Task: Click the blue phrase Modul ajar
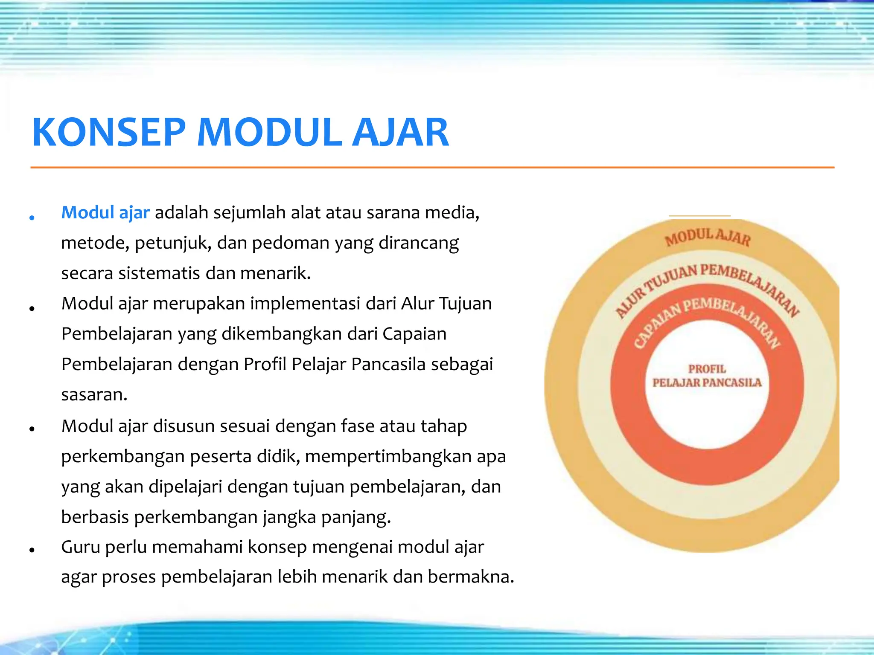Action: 105,212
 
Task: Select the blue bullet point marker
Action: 32,218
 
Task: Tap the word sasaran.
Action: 94,395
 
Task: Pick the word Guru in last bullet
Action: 81,547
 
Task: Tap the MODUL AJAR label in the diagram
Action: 707,237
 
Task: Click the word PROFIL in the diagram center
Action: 707,369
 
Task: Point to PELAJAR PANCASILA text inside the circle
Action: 707,383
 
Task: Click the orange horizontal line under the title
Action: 432,168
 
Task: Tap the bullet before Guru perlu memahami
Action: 32,551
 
